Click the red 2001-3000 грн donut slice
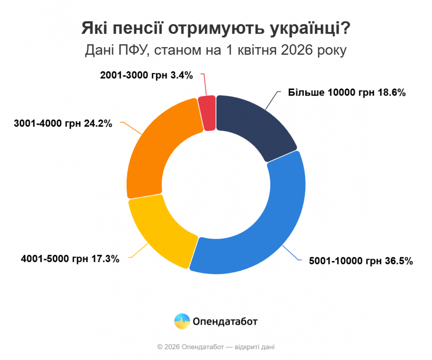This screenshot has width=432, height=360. [207, 113]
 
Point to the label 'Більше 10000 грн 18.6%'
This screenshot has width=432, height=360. [347, 93]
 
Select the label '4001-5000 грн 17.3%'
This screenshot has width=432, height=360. [70, 259]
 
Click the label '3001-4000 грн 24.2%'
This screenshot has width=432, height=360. [63, 123]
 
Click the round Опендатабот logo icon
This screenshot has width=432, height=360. [182, 321]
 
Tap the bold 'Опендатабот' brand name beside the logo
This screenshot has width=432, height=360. [225, 321]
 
